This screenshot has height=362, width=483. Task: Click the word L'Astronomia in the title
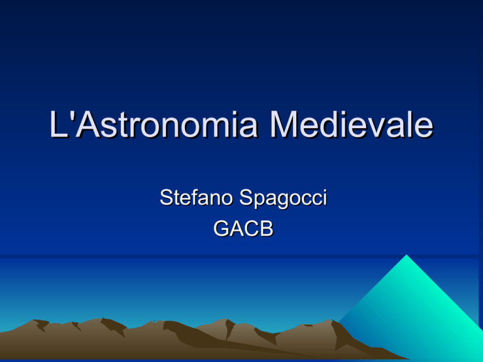[x=153, y=124]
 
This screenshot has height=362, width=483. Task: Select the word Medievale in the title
[x=351, y=124]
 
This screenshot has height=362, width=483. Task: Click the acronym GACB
[x=243, y=228]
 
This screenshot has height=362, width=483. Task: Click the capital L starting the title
[x=58, y=124]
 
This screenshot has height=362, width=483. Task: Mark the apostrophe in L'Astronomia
[x=72, y=115]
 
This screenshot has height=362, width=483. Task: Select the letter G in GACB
[x=221, y=228]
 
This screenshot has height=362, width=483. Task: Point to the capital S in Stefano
[x=166, y=197]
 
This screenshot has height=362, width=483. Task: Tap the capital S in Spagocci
[x=246, y=197]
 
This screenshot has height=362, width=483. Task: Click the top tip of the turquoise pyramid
[x=406, y=255]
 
